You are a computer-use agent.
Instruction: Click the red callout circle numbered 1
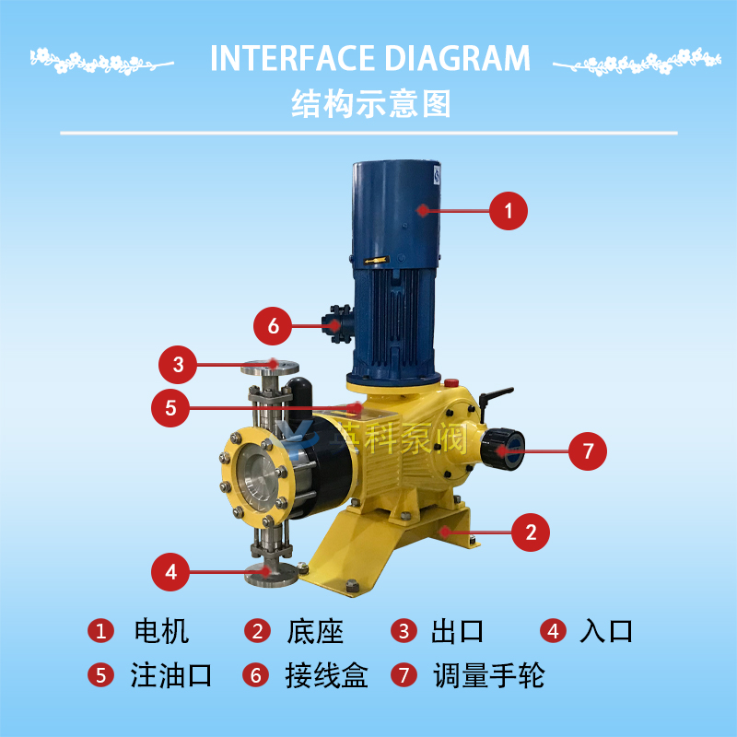pyautogui.click(x=509, y=211)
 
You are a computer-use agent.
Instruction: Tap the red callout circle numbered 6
pyautogui.click(x=273, y=326)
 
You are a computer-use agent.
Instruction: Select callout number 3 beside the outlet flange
pyautogui.click(x=178, y=365)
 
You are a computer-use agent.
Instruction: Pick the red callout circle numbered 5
pyautogui.click(x=170, y=408)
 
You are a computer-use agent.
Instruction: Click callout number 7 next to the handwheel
pyautogui.click(x=588, y=451)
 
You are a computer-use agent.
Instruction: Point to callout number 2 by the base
pyautogui.click(x=531, y=532)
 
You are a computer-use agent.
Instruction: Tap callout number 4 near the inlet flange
pyautogui.click(x=170, y=572)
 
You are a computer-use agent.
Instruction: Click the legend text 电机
pyautogui.click(x=161, y=631)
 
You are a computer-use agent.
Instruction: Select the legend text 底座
pyautogui.click(x=315, y=631)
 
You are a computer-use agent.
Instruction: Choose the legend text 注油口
pyautogui.click(x=171, y=675)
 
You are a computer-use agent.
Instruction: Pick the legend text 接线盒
pyautogui.click(x=327, y=675)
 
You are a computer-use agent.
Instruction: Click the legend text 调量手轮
pyautogui.click(x=489, y=675)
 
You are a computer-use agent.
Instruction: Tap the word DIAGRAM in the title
pyautogui.click(x=457, y=58)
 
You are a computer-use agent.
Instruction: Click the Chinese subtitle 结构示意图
pyautogui.click(x=371, y=103)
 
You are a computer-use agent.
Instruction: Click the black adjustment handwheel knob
pyautogui.click(x=502, y=450)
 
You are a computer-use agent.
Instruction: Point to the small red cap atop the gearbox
pyautogui.click(x=451, y=382)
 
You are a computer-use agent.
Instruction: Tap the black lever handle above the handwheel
pyautogui.click(x=496, y=396)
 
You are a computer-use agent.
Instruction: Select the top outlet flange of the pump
pyautogui.click(x=270, y=367)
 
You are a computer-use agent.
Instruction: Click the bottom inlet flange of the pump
pyautogui.click(x=271, y=575)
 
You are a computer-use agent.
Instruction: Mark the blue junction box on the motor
pyautogui.click(x=337, y=324)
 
